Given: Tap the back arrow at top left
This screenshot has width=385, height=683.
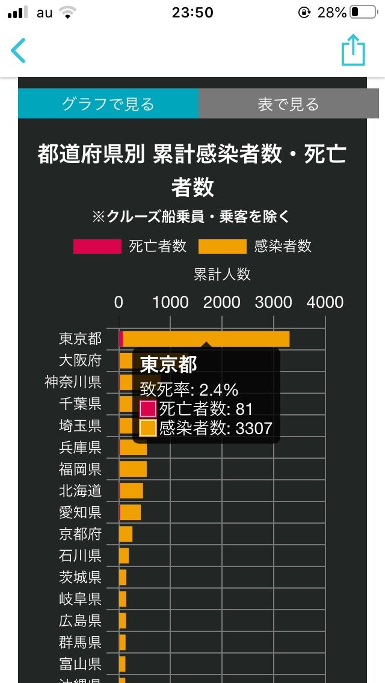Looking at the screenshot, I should coord(19,51).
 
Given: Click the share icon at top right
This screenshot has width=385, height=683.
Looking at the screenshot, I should coord(353,50).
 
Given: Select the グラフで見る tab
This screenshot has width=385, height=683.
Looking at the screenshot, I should coord(108,104).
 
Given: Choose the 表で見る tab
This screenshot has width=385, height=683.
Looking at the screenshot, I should coord(289,104).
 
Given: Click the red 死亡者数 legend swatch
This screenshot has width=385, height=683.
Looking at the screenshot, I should coord(97,247).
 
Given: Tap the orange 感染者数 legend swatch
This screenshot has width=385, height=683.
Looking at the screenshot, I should coord(223,247).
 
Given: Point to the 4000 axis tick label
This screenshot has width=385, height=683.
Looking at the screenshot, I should coord(325,302).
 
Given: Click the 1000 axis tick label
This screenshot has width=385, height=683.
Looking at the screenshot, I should coord(170,302).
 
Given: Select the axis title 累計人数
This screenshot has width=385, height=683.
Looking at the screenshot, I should coord(222,274).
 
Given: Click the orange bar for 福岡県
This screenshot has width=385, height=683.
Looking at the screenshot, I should coord(133,469).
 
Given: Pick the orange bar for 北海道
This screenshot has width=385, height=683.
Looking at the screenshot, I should coord(131,491).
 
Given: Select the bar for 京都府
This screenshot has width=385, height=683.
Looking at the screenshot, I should coord(126,534).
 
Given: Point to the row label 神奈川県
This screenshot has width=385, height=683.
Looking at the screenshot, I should coord(73,382).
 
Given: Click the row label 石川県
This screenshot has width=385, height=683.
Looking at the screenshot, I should coord(80,556).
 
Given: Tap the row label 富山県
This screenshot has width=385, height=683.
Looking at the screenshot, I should coord(80,664).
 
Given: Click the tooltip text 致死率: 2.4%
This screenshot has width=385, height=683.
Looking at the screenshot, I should coord(189,389).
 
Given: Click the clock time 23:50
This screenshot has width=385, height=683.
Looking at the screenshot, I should coord(192,12).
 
